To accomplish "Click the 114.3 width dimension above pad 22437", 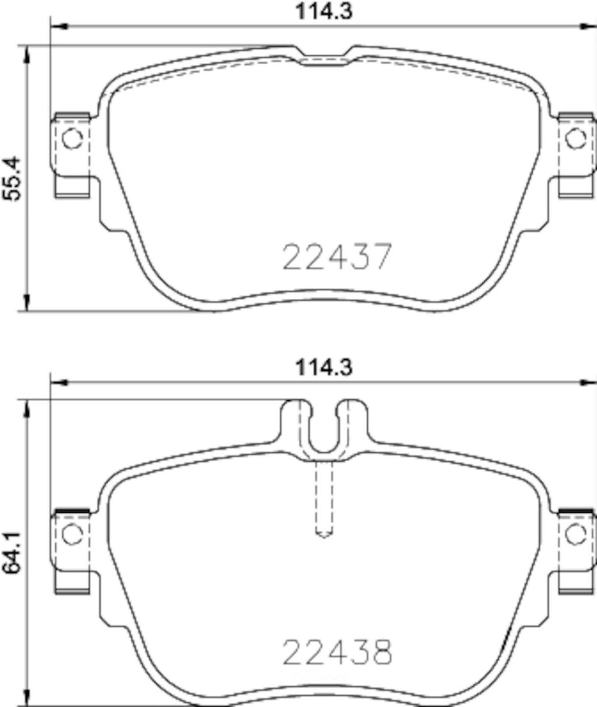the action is [324, 11].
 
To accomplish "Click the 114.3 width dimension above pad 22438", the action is [324, 368].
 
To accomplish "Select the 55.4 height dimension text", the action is [11, 179].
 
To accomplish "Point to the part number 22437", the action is [337, 257].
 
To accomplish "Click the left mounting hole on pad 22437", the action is [72, 138].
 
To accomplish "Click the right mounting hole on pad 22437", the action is [576, 138].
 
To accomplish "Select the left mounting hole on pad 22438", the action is [72, 535].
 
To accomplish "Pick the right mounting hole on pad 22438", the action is [576, 535].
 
